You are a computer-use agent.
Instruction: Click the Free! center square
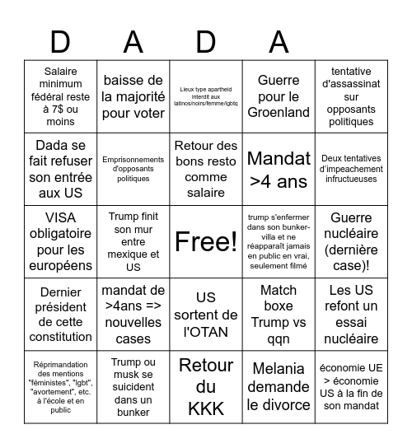pyautogui.click(x=205, y=241)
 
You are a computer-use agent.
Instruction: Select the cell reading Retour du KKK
pyautogui.click(x=205, y=387)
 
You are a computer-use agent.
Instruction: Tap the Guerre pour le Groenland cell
pyautogui.click(x=278, y=96)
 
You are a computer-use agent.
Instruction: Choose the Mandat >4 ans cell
pyautogui.click(x=278, y=170)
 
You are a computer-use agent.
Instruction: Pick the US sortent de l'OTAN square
pyautogui.click(x=205, y=315)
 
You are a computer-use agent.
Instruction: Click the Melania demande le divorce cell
pyautogui.click(x=278, y=387)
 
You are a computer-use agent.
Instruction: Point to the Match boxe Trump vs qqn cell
pyautogui.click(x=278, y=315)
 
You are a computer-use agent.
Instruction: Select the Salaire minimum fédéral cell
pyautogui.click(x=60, y=96)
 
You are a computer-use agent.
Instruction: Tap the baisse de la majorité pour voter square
pyautogui.click(x=133, y=96)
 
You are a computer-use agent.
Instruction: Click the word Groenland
pyautogui.click(x=278, y=112)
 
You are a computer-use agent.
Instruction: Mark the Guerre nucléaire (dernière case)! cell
pyautogui.click(x=350, y=241)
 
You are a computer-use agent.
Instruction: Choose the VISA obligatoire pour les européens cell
pyautogui.click(x=60, y=241)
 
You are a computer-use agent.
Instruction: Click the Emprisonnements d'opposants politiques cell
pyautogui.click(x=133, y=170)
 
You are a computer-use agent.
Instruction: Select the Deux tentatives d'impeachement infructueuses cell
pyautogui.click(x=350, y=170)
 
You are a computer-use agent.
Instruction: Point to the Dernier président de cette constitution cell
pyautogui.click(x=60, y=315)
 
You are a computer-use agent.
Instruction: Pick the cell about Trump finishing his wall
pyautogui.click(x=133, y=241)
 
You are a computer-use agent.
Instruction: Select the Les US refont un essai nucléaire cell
pyautogui.click(x=350, y=315)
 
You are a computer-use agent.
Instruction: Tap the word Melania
pyautogui.click(x=278, y=367)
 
